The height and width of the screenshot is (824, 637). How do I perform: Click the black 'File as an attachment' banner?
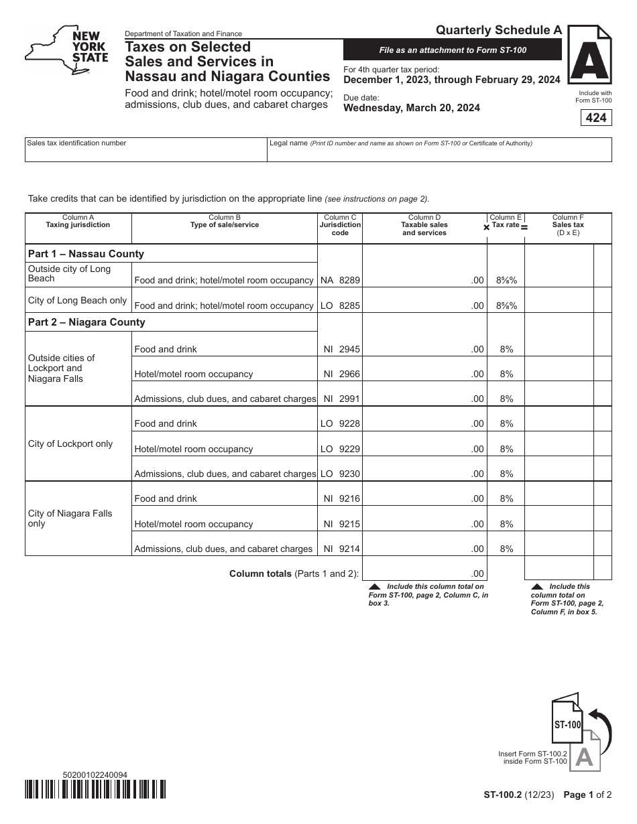(x=453, y=50)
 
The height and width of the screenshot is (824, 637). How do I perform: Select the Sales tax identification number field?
(x=146, y=150)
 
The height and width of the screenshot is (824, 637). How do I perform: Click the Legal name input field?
(x=439, y=150)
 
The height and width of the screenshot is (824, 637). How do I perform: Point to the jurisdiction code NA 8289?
(x=340, y=280)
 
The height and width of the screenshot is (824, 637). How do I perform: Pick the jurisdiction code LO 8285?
(x=340, y=305)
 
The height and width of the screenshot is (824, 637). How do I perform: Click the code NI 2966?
(x=340, y=374)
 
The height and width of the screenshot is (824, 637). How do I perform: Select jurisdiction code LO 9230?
(x=340, y=474)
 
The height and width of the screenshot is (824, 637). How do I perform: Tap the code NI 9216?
(x=340, y=498)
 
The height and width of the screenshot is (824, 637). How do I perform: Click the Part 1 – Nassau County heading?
(x=86, y=254)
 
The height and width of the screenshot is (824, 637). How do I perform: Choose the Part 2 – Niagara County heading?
(x=86, y=322)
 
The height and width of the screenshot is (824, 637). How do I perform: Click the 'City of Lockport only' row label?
(x=70, y=444)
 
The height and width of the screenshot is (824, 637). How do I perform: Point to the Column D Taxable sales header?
(x=424, y=225)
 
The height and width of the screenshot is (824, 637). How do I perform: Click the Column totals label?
(x=294, y=573)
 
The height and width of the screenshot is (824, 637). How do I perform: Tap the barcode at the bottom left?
(x=95, y=789)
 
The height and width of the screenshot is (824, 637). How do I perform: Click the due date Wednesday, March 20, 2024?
(x=411, y=108)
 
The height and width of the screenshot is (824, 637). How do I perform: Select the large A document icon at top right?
(x=589, y=60)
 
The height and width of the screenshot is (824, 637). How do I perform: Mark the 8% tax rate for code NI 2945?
(x=506, y=349)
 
